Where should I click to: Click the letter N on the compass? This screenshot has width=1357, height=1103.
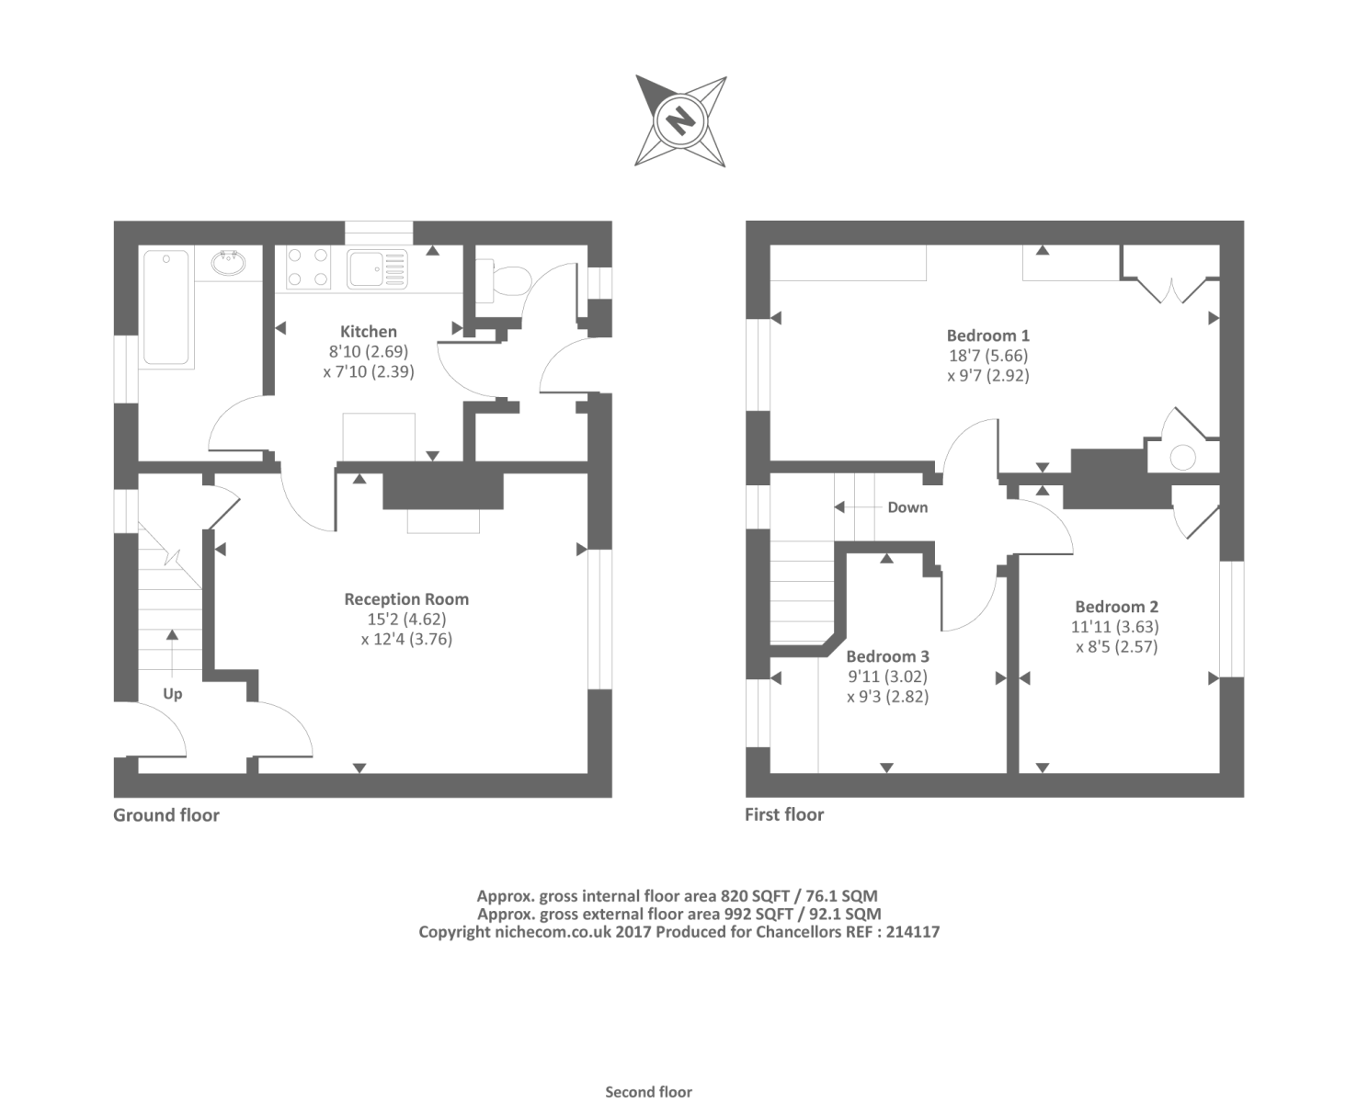(x=680, y=120)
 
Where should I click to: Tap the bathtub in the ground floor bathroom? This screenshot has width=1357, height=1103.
(x=166, y=309)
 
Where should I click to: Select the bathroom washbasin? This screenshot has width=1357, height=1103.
(x=228, y=264)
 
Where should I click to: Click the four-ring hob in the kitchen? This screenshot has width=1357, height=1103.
(x=309, y=267)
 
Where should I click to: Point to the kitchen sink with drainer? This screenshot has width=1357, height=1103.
(x=377, y=268)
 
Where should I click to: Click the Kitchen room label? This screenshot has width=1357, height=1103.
(x=369, y=332)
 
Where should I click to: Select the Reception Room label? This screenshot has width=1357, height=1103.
(x=406, y=599)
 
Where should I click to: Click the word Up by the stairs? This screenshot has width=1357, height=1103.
(x=173, y=694)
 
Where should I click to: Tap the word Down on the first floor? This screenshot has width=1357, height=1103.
(x=907, y=507)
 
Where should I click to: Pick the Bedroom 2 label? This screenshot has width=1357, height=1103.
(x=1116, y=607)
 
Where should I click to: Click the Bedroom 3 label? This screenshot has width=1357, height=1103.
(x=887, y=656)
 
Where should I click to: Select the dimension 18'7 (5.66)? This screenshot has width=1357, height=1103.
(x=988, y=356)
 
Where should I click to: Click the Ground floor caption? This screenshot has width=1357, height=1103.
(x=166, y=815)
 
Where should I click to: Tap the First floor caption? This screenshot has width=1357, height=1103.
(x=784, y=814)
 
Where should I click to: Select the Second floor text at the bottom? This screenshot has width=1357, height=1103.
(x=648, y=1092)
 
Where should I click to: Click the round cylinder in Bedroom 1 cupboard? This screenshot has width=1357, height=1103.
(x=1182, y=457)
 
